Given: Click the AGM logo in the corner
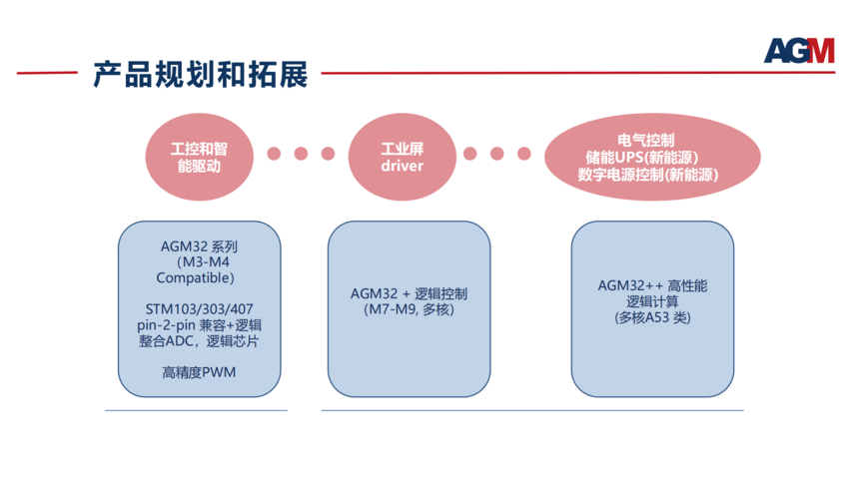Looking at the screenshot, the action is coord(799,50).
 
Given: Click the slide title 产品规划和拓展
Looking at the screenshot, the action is coord(201,75).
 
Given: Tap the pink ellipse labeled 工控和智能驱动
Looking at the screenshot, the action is coord(200,157).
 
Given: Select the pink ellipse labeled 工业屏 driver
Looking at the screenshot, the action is coord(403,157).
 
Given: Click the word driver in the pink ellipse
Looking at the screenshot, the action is coord(403,166).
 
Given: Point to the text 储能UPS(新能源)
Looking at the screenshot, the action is coord(642,158).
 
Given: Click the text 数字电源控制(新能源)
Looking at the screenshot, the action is coord(648,175).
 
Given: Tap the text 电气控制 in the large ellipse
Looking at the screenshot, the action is coord(646,141).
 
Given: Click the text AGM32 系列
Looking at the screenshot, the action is coord(199,246).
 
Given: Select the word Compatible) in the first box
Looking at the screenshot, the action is coord(195,278).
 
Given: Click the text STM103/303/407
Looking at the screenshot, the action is coord(200,309).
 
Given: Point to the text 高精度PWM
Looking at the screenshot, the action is coord(199,372).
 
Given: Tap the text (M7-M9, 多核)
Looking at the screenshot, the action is coord(409,310).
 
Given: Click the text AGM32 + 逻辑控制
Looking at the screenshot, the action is coord(409,294).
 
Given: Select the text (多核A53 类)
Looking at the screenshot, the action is coord(652,317).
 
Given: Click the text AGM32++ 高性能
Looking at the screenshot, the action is coord(652,285).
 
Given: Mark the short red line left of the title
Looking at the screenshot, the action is coord(47,72).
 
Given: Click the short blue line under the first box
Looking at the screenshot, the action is coord(196,410).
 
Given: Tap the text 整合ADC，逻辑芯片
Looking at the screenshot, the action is coord(199,341).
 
